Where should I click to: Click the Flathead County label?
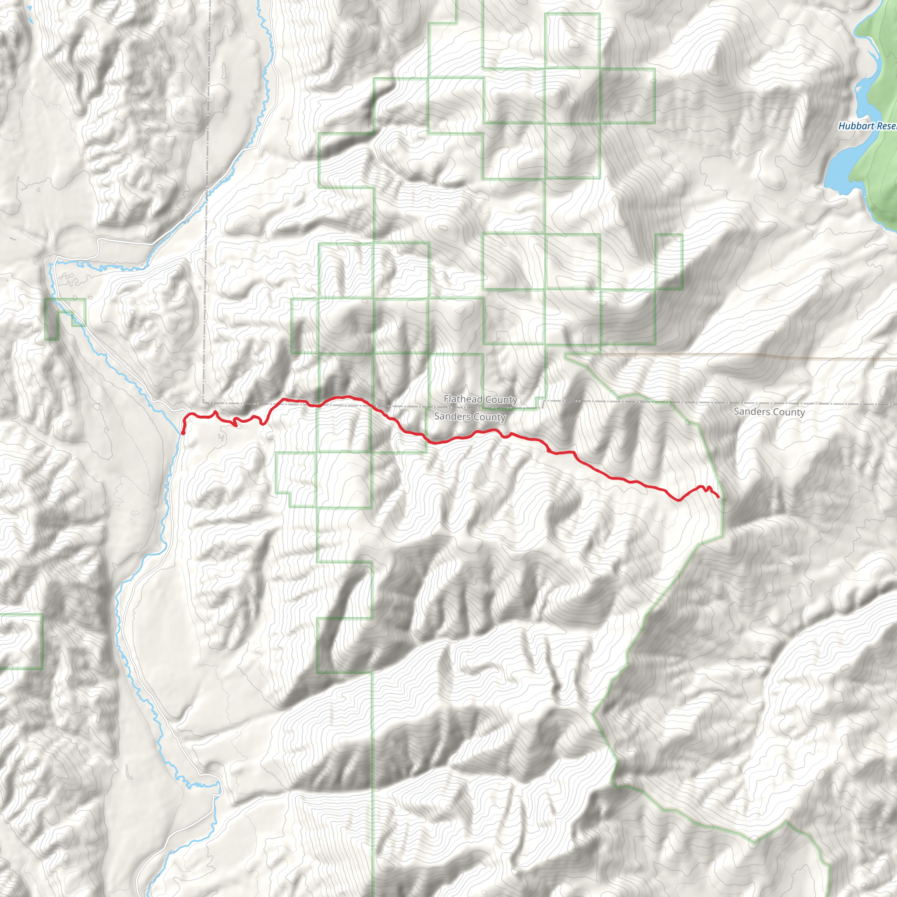click(480, 399)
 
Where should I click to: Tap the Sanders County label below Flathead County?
click(470, 417)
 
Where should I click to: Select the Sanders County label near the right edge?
click(769, 411)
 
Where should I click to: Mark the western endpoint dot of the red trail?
click(183, 433)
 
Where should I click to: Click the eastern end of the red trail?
click(719, 497)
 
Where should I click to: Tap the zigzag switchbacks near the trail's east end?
click(706, 488)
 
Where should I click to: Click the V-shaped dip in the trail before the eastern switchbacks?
click(679, 501)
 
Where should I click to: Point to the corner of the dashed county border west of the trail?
click(204, 402)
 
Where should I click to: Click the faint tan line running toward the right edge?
click(789, 357)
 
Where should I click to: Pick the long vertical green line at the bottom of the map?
click(372, 789)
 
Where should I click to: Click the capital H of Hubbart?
click(842, 126)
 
